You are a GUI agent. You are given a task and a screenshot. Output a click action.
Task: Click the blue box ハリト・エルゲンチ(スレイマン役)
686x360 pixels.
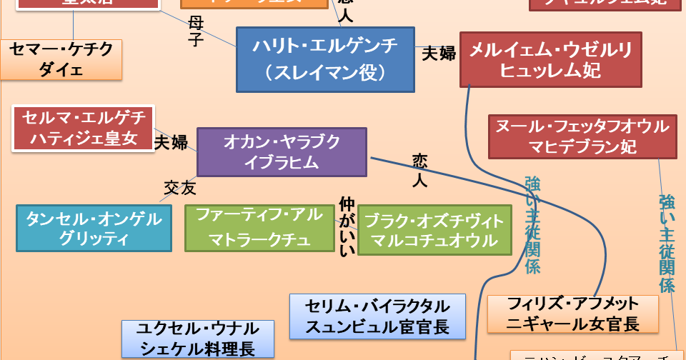325,60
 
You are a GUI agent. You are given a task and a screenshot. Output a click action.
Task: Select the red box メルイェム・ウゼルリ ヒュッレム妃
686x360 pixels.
550,59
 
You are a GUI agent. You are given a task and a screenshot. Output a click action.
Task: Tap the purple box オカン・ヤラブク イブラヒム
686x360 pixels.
282,151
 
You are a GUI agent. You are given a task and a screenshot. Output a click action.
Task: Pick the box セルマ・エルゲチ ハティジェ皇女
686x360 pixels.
84,129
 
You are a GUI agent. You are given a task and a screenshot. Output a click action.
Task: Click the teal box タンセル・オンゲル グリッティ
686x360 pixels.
94,228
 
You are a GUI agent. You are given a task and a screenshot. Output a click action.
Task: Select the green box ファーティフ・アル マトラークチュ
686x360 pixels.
259,228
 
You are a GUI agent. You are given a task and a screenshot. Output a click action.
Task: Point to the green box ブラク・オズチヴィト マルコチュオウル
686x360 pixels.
435,230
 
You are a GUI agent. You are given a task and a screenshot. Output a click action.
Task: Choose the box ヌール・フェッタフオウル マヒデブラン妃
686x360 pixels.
582,137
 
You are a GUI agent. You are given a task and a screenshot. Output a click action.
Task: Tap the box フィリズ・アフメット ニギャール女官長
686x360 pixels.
572,313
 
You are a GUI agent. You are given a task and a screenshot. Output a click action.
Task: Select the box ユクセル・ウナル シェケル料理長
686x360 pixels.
198,339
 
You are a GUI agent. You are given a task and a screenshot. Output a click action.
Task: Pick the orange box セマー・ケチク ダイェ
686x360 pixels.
61,59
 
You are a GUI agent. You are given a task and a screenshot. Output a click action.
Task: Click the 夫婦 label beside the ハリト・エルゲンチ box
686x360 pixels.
438,54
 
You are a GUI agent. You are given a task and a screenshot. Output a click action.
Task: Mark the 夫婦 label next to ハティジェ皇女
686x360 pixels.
171,142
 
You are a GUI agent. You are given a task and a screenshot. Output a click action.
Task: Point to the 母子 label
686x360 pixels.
196,31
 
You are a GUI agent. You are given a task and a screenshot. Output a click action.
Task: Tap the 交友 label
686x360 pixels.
179,188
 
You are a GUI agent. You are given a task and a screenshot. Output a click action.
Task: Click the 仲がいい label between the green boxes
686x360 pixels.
346,226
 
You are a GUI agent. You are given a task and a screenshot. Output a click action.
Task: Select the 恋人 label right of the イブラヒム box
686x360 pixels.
419,169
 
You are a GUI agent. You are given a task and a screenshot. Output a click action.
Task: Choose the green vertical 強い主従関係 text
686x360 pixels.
532,225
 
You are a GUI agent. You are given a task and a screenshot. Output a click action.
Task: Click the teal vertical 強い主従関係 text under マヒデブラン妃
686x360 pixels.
667,243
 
